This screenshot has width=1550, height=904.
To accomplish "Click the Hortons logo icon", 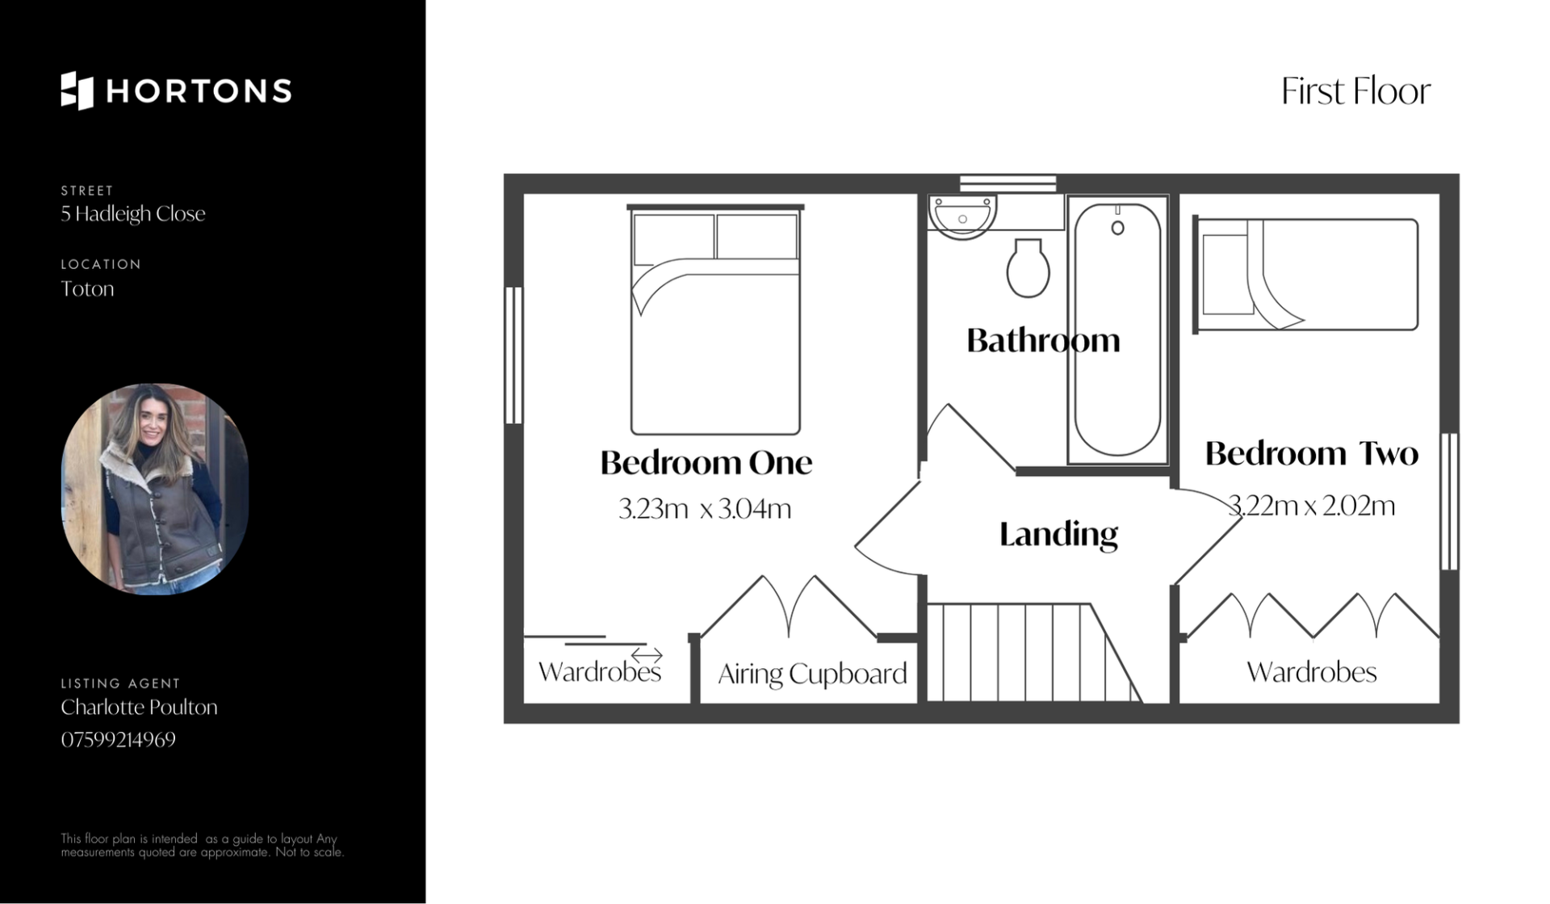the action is (77, 90).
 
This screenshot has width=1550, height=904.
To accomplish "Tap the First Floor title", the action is (1355, 90).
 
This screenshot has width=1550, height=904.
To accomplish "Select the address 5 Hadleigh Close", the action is (133, 214).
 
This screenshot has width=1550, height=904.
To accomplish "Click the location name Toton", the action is (87, 288).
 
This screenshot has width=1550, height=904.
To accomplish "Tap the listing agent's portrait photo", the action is (155, 489).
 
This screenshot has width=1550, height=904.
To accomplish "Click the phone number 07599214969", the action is (118, 739).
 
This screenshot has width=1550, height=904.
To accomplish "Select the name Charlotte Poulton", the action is (139, 707).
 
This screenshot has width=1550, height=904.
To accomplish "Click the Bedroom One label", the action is (706, 462).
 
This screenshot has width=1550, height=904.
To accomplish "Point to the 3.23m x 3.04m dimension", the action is (705, 508).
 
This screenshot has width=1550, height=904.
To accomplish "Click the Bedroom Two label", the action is (1311, 453).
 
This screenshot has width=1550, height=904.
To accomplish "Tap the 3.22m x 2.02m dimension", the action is (1311, 505).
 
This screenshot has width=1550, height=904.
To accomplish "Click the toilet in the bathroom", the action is (1028, 267).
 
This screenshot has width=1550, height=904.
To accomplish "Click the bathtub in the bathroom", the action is (1118, 330).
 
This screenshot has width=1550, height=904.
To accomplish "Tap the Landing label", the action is (1058, 534).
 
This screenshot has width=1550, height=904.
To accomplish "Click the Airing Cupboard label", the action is (812, 674).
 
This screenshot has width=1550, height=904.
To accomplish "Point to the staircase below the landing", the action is (1033, 653).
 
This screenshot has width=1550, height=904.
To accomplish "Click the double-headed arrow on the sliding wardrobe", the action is (647, 654).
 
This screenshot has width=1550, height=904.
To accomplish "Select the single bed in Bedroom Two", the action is (1305, 275).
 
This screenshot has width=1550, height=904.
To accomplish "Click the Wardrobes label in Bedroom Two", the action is (1311, 672).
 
